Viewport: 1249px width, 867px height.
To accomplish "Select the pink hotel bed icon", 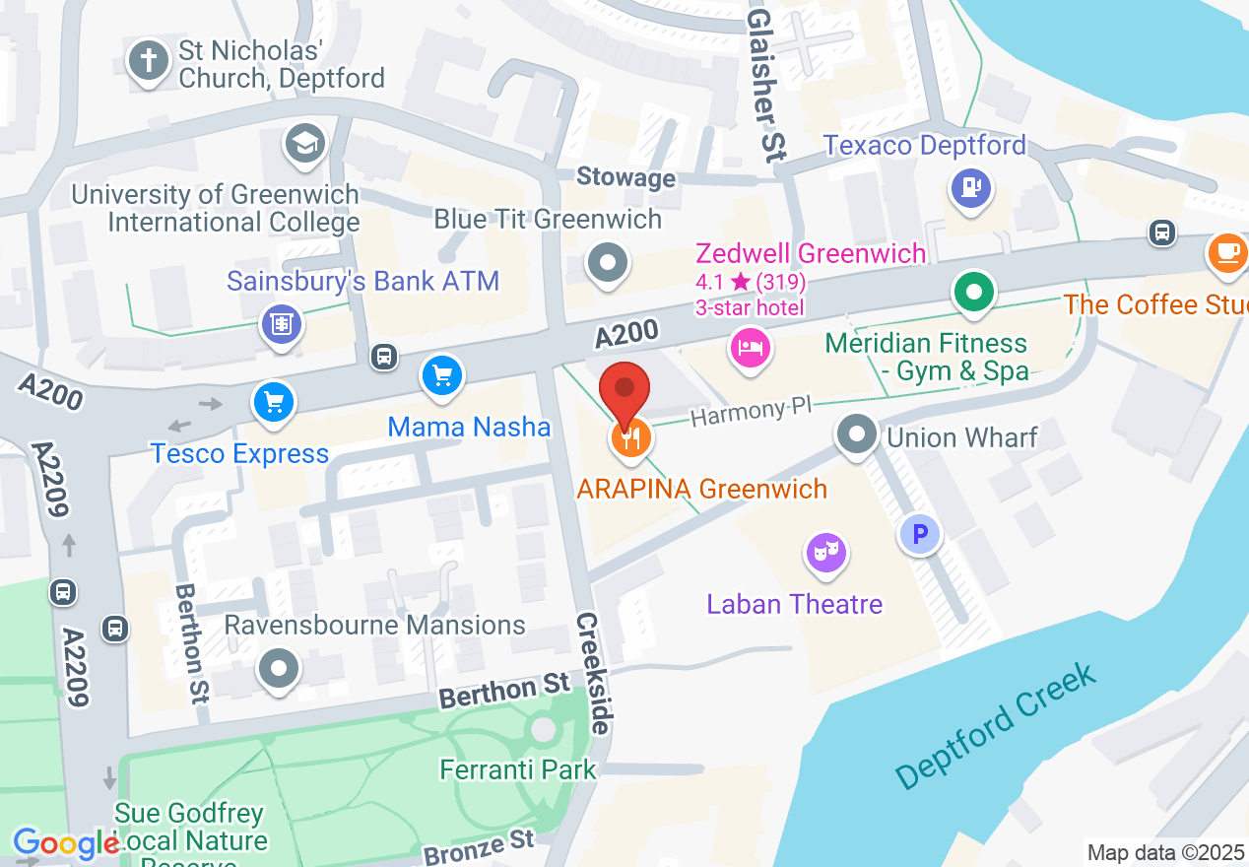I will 751,348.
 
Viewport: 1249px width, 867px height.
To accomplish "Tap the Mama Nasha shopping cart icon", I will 441,375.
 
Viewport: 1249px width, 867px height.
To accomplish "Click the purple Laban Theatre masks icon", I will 826,553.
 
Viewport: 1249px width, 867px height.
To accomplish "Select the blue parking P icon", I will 920,535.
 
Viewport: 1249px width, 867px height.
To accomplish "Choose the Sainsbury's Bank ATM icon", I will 282,323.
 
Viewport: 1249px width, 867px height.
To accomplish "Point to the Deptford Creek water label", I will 996,726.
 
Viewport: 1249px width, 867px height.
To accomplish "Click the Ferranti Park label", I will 518,768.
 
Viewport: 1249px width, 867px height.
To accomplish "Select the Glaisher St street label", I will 762,85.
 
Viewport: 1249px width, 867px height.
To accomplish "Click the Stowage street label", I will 625,177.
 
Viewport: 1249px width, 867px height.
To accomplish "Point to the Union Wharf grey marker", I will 857,433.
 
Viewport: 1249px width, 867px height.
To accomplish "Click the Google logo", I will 65,843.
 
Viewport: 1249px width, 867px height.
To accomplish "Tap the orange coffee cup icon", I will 1227,253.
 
